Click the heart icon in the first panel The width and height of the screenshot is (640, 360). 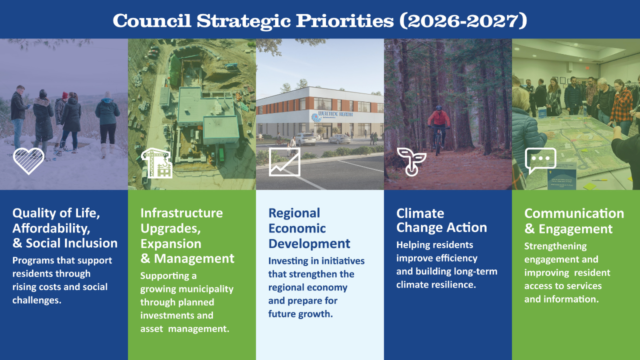[x=28, y=161]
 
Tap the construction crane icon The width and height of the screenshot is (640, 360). [x=156, y=162]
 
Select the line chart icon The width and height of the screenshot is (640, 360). [x=284, y=161]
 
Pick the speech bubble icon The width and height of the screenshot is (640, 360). [x=540, y=161]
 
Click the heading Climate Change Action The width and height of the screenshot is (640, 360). [x=441, y=220]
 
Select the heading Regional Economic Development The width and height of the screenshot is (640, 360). [x=309, y=228]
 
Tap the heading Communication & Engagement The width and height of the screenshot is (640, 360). [x=574, y=221]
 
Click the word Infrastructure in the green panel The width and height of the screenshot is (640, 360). [x=181, y=213]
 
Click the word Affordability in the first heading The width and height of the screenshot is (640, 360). [x=51, y=228]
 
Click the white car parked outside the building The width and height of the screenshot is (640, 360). [x=304, y=138]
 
